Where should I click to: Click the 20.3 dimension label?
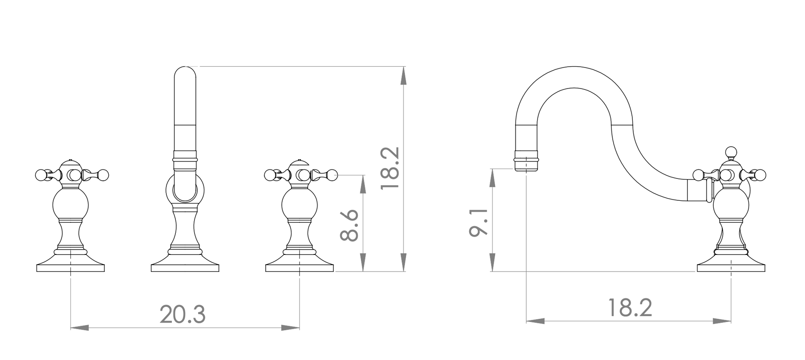tap(182, 314)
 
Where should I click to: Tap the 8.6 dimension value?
tap(349, 225)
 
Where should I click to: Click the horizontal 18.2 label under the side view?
tap(630, 307)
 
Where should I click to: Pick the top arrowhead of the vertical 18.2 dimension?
tap(404, 76)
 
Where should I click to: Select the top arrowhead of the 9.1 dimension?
tap(492, 178)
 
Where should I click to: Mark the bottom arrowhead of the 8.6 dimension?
tap(363, 263)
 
